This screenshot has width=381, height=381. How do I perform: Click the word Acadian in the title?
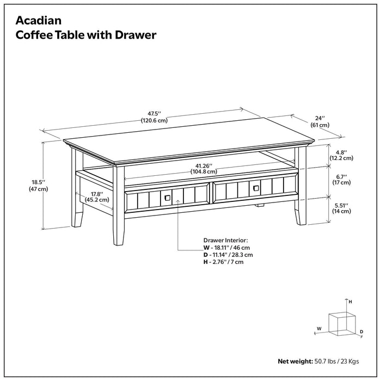(38, 21)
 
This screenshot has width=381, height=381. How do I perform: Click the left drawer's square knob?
(167, 197)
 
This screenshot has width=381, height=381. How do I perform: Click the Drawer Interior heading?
(225, 239)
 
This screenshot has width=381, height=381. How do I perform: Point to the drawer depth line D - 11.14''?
(228, 254)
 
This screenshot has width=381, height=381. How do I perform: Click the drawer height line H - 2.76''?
(223, 262)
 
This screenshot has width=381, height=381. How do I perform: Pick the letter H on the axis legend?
(351, 301)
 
